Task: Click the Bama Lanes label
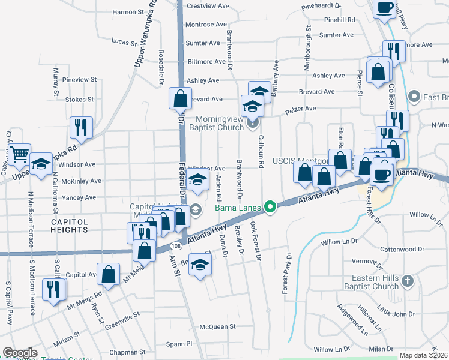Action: click(238, 208)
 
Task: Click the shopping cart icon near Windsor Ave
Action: click(20, 154)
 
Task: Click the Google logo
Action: click(20, 352)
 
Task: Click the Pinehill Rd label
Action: click(339, 20)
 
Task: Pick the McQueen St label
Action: click(217, 327)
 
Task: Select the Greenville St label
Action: click(120, 313)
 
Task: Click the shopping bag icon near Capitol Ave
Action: click(109, 274)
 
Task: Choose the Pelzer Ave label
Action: click(301, 109)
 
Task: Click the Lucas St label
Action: click(124, 41)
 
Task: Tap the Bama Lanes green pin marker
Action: click(270, 208)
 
